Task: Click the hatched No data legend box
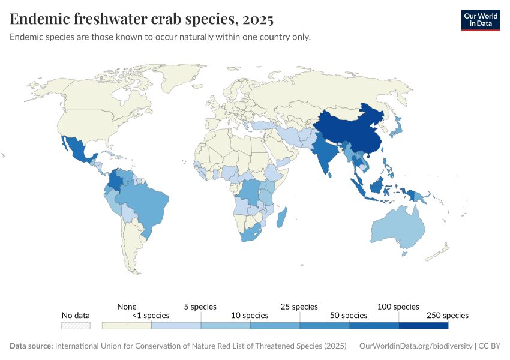click(76, 326)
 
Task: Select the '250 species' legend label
click(448, 315)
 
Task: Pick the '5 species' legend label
click(200, 307)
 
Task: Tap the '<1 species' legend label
click(151, 315)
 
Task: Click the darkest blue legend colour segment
click(424, 326)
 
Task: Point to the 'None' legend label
click(127, 307)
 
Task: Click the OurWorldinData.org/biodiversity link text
click(415, 346)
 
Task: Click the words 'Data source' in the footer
click(31, 346)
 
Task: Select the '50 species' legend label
click(349, 315)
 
